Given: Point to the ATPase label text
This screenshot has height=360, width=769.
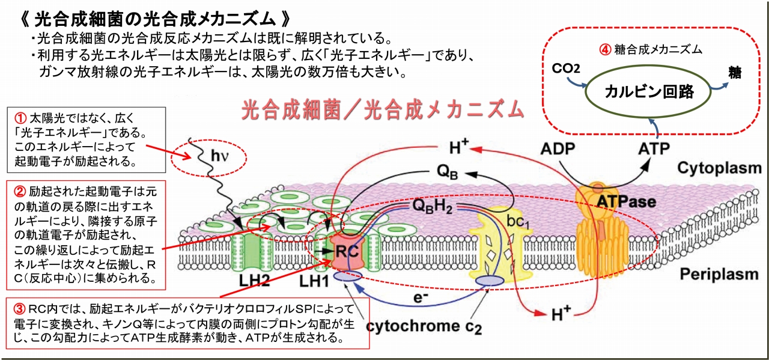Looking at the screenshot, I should pyautogui.click(x=625, y=202).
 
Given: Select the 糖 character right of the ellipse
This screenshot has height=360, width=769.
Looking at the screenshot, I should pyautogui.click(x=734, y=73).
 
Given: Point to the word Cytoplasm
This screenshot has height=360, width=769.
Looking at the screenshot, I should pyautogui.click(x=720, y=168).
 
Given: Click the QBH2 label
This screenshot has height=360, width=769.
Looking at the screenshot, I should pyautogui.click(x=432, y=206).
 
